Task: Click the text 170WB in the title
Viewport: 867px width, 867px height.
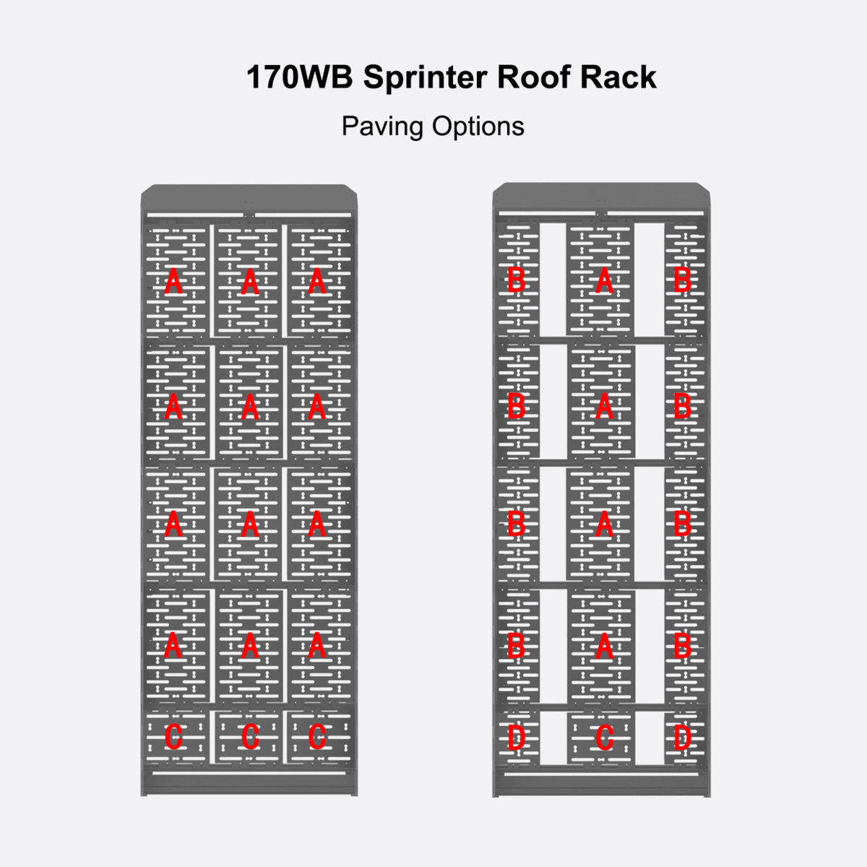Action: (298, 77)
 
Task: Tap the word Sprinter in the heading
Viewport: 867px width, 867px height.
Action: (424, 77)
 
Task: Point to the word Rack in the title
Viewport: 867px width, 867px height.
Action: (618, 77)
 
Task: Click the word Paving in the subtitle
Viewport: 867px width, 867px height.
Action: (382, 126)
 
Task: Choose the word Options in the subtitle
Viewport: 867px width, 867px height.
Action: (478, 126)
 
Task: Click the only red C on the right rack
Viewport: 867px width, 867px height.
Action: (605, 737)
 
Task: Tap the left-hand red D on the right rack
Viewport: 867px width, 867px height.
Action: (516, 737)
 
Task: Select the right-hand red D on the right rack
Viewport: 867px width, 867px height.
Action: (682, 737)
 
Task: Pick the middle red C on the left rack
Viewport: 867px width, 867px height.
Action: (249, 737)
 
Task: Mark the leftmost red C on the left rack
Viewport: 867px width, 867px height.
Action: (173, 737)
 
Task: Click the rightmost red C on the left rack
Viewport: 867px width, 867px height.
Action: (317, 737)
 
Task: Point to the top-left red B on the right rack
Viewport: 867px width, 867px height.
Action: (516, 280)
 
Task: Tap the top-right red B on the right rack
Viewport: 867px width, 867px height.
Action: (682, 280)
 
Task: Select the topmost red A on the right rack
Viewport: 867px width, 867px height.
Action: (605, 280)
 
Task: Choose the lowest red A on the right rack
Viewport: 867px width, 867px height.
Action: (605, 647)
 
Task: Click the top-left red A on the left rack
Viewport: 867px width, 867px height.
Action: (173, 282)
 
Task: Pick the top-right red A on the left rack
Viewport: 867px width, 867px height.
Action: (317, 282)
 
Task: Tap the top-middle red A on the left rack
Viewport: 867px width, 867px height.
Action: (249, 282)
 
